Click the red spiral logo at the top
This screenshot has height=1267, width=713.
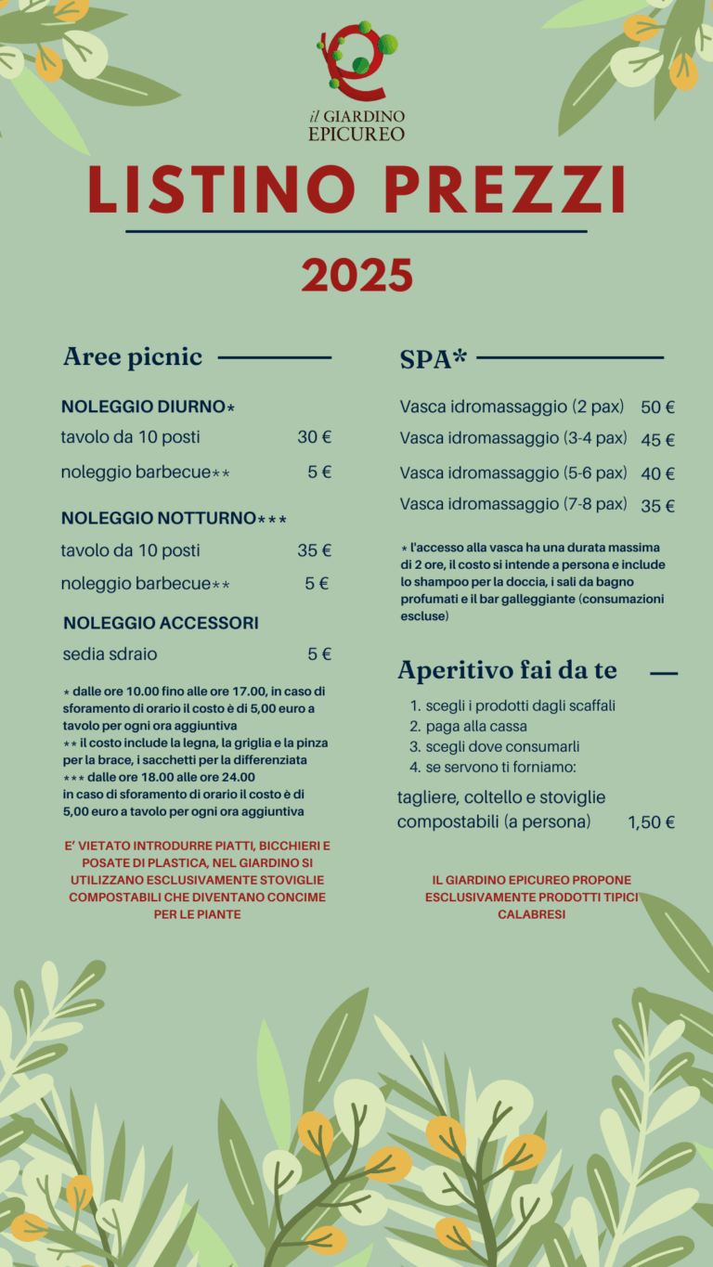(x=356, y=61)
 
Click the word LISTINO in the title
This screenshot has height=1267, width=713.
(x=222, y=187)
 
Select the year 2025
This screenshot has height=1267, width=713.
(x=356, y=276)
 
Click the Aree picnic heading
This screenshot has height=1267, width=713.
(x=132, y=357)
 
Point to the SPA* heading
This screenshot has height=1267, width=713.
(x=433, y=359)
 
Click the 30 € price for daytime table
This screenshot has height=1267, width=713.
(x=314, y=437)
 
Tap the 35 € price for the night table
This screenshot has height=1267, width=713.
(x=314, y=550)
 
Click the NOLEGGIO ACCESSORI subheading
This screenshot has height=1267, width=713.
(x=161, y=623)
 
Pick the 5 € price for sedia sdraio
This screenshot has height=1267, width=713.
(x=319, y=654)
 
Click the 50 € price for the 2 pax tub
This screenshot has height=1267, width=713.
(x=657, y=407)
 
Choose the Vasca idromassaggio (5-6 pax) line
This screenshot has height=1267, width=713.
(x=512, y=473)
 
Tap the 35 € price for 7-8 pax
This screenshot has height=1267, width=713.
(x=657, y=506)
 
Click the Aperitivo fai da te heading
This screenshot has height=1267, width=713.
(x=507, y=670)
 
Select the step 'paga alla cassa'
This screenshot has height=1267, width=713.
(x=475, y=726)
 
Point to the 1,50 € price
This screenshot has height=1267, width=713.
(x=651, y=822)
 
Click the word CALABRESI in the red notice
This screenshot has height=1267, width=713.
(x=531, y=914)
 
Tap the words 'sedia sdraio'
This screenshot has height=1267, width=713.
(x=110, y=654)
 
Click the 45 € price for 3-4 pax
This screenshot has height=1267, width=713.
(x=657, y=440)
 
